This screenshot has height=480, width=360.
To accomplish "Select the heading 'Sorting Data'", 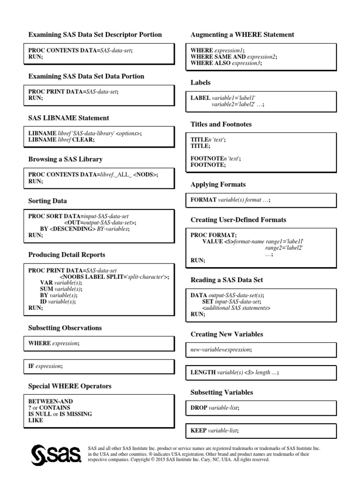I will point(48,201).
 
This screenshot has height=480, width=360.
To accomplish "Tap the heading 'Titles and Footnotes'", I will point(221,124).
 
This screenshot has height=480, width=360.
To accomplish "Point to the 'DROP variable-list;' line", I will point(214,408).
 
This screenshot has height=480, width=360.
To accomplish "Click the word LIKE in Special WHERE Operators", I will point(36,420).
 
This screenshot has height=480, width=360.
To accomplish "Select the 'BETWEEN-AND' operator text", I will point(51,402).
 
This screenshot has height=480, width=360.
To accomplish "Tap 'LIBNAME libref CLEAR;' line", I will point(61,140).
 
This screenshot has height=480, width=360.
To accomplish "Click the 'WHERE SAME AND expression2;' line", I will point(233,57).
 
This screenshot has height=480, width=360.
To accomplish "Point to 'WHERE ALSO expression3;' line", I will point(226,63).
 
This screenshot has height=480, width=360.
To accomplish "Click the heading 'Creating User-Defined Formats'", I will point(238,219).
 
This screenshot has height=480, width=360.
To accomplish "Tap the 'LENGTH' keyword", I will point(202,372).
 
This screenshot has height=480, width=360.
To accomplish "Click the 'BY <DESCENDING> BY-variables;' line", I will point(85,229).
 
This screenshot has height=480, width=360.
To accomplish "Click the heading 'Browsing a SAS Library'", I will point(65,159).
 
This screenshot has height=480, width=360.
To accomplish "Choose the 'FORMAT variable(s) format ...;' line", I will point(230,200).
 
